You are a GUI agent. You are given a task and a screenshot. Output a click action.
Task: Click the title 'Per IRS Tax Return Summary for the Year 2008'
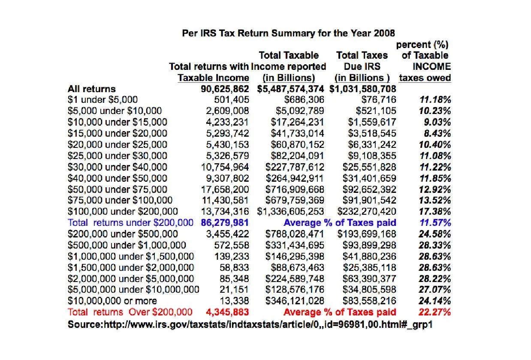click(x=289, y=33)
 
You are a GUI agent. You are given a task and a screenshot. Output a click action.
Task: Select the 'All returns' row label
click(x=92, y=89)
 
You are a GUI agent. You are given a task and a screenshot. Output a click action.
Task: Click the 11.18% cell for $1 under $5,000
click(x=434, y=100)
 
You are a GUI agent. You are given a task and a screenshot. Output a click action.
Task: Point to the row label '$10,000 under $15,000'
click(x=118, y=122)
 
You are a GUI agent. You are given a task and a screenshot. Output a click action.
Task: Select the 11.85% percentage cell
click(x=434, y=178)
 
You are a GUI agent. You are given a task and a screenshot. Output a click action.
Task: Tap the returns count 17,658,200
click(x=225, y=189)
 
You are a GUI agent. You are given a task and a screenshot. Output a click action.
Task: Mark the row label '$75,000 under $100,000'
click(x=120, y=200)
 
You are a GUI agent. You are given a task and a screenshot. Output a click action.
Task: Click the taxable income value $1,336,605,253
click(x=291, y=211)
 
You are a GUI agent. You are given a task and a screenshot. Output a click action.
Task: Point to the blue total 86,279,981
click(x=225, y=223)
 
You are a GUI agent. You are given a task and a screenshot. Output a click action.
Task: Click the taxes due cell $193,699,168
click(x=367, y=234)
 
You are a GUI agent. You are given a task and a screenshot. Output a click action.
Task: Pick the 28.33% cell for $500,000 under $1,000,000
click(x=434, y=245)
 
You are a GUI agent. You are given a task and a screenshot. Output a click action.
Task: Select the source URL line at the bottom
click(x=250, y=324)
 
